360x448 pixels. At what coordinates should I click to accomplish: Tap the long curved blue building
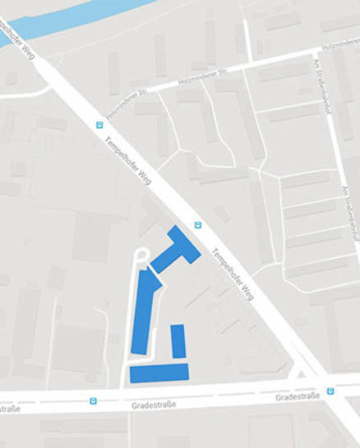click(144, 313)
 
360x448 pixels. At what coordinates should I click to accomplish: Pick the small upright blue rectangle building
click(178, 340)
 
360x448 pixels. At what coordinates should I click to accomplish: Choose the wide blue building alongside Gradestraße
click(159, 372)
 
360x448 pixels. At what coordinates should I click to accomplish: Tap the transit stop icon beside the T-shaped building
click(197, 224)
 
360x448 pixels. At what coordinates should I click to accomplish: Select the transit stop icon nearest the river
click(100, 125)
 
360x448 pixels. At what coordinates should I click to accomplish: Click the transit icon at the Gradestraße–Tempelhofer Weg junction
click(330, 391)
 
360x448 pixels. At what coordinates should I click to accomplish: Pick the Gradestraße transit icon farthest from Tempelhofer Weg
click(93, 401)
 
